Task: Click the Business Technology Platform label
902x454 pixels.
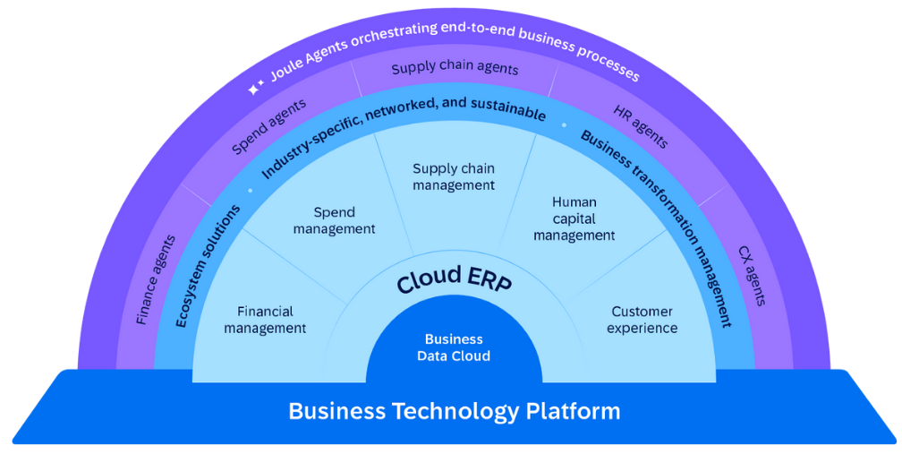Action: coord(454,411)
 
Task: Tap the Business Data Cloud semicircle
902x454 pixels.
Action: coord(454,347)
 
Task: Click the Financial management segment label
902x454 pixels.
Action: coord(265,320)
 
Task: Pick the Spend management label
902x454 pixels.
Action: coord(334,220)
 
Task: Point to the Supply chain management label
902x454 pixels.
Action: coord(453,176)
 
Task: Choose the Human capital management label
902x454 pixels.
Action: coord(574,219)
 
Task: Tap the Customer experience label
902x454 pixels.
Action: coord(642,320)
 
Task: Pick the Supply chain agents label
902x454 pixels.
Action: coord(455,68)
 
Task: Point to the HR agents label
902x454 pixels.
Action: coord(640,126)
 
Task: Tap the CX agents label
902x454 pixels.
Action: coord(752,276)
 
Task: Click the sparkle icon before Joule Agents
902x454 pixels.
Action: coord(256,88)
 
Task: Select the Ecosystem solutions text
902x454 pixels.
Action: coord(208,265)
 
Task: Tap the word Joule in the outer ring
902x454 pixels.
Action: coord(288,70)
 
